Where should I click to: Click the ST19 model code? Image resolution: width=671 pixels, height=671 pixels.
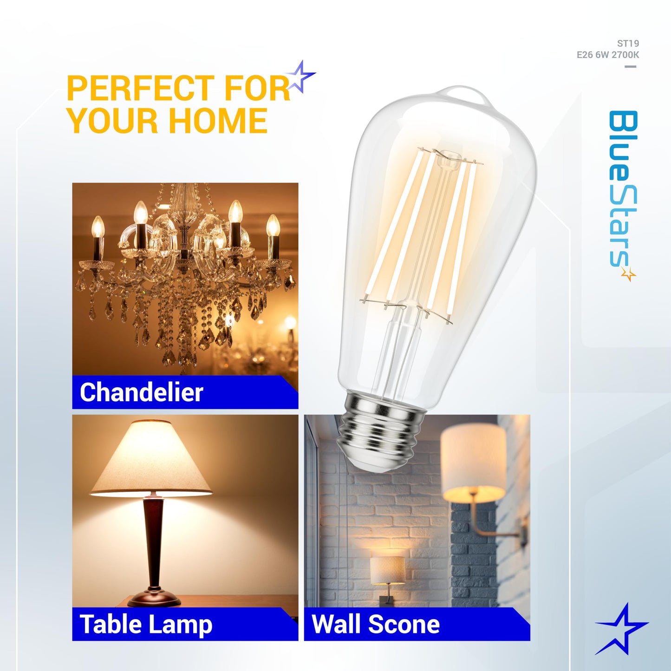click(628, 44)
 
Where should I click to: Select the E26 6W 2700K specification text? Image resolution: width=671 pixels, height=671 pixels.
click(608, 55)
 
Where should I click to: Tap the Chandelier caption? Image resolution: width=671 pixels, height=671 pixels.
click(142, 392)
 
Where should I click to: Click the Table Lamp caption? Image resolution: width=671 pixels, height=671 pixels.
click(146, 624)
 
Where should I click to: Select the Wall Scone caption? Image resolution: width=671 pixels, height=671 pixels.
click(376, 624)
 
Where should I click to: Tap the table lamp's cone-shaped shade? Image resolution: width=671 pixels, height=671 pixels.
click(151, 460)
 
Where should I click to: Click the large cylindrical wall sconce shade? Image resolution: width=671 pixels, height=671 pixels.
click(473, 463)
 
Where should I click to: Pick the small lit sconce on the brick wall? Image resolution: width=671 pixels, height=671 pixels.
click(388, 571)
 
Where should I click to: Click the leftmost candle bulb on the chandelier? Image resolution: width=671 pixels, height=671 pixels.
click(98, 227)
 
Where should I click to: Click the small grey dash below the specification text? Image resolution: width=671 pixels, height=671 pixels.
click(630, 66)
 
